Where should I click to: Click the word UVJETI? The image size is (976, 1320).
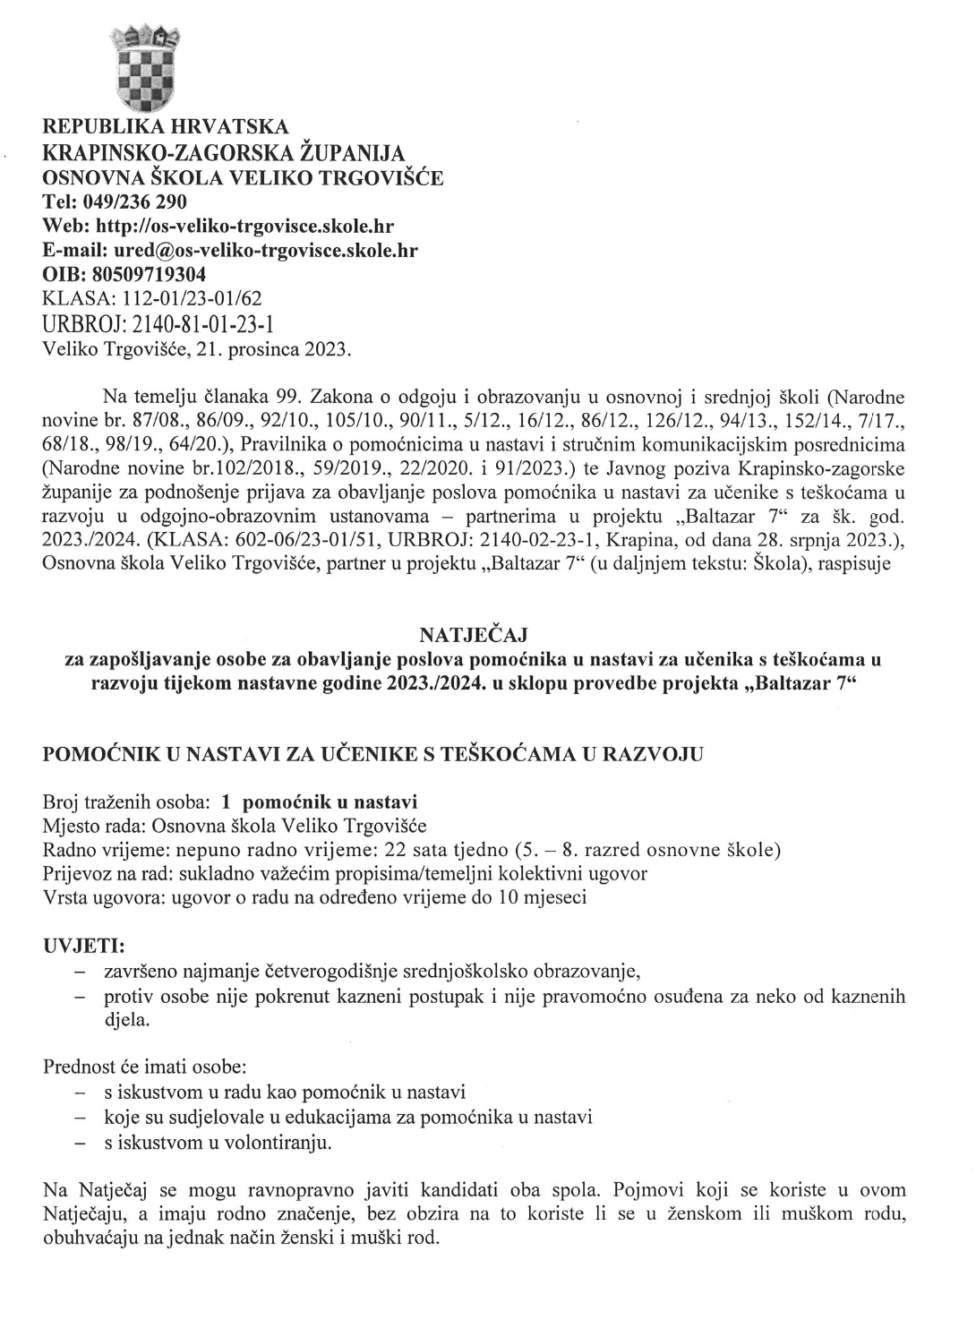tap(84, 946)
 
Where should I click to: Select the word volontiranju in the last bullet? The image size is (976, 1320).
tap(279, 1143)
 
